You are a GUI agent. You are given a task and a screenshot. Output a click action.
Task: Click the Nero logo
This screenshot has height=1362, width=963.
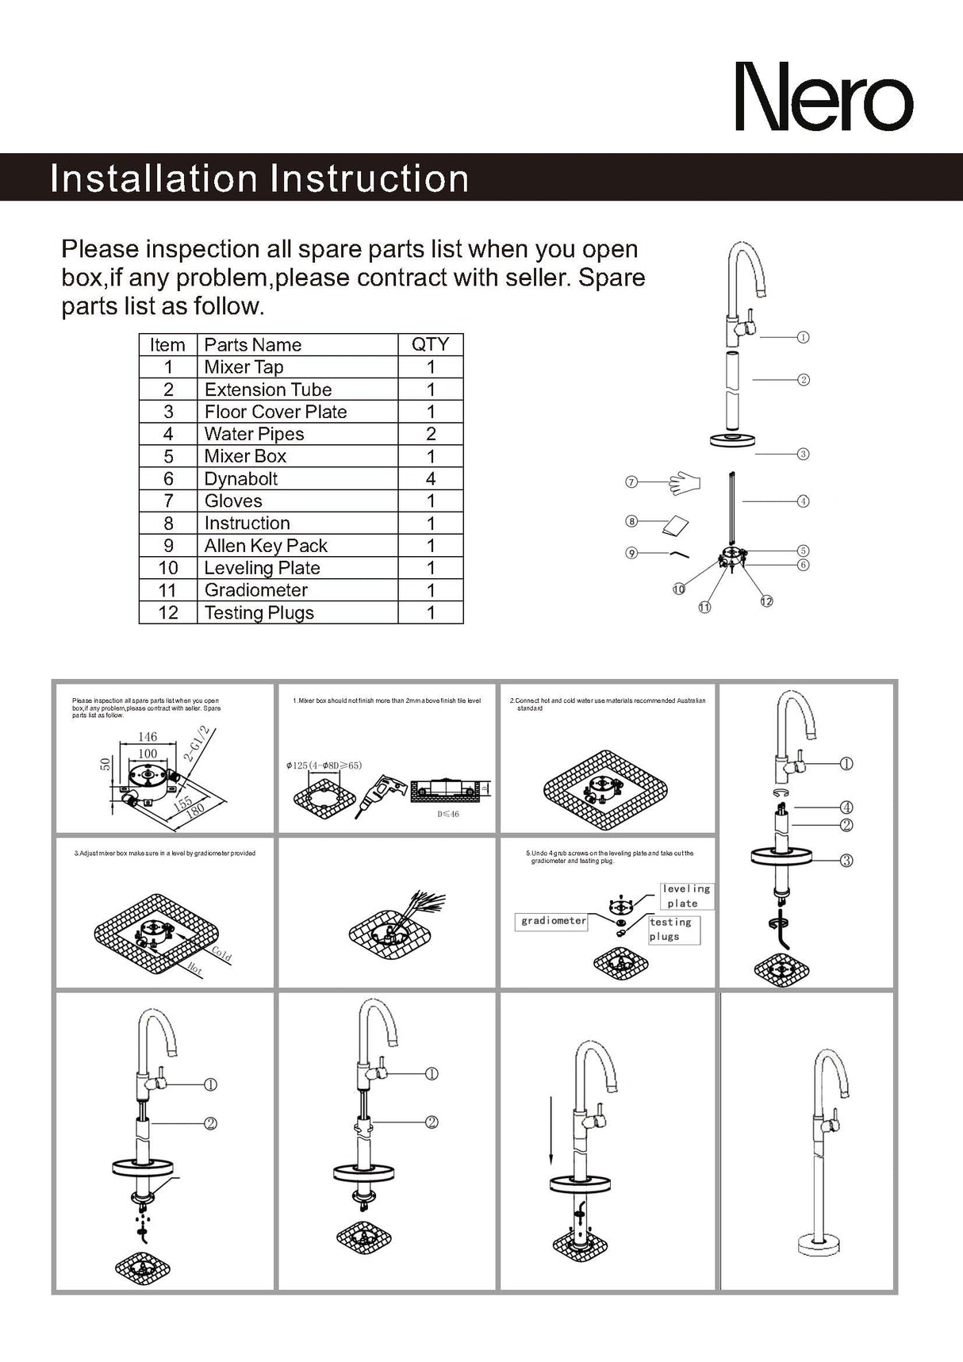[x=823, y=98]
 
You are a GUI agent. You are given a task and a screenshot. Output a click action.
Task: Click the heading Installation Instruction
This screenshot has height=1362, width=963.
[x=259, y=178]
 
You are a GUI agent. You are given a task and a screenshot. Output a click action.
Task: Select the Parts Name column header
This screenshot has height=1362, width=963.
[x=253, y=345]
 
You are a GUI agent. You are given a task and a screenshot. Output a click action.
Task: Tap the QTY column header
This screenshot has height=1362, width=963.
[x=430, y=344]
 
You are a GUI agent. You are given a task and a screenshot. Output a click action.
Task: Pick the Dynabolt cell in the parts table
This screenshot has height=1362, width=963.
[x=241, y=478]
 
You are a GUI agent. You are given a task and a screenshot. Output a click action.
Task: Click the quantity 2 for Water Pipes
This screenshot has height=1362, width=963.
[x=431, y=434]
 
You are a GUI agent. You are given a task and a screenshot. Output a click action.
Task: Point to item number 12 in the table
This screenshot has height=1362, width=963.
[x=168, y=612]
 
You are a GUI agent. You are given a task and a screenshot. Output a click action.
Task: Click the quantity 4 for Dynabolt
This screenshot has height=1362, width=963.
[x=431, y=478]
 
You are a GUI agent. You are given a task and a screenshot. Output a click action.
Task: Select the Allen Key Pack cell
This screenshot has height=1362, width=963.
[x=266, y=546]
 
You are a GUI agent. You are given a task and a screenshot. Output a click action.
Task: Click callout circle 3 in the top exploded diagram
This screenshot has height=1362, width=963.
[x=803, y=454]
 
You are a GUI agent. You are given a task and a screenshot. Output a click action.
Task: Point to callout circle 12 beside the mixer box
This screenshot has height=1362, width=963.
[x=766, y=601]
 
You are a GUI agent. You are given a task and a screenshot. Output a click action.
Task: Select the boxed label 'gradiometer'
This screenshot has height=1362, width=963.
[x=554, y=921]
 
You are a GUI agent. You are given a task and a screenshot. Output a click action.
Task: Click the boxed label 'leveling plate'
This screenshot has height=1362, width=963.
[x=685, y=896]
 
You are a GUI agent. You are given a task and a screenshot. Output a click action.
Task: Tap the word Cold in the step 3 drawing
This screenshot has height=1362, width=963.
[x=221, y=954]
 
